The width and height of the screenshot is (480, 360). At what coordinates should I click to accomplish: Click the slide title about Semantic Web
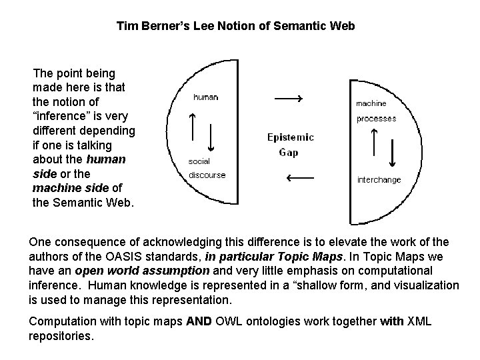tap(235, 27)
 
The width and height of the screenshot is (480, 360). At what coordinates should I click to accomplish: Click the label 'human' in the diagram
tap(205, 97)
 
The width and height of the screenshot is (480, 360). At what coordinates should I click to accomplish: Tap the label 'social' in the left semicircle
tap(199, 161)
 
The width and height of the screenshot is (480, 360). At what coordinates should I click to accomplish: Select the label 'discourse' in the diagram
tap(207, 175)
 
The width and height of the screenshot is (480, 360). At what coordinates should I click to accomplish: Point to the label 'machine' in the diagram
tap(371, 103)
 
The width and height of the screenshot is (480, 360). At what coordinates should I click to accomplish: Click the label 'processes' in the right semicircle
tap(376, 119)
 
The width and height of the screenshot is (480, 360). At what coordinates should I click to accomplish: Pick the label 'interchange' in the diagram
tap(379, 180)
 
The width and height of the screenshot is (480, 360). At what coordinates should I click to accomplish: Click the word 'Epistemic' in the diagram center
tap(291, 138)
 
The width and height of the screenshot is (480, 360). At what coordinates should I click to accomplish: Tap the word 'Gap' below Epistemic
tap(289, 153)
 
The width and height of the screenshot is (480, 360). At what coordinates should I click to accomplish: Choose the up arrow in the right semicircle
tap(373, 141)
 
